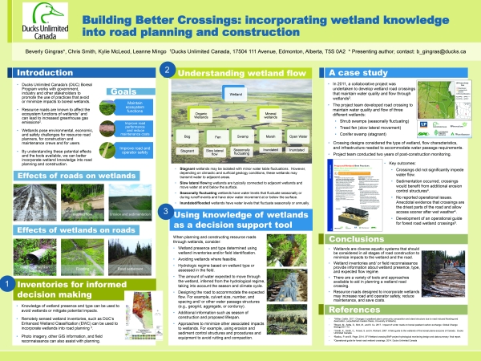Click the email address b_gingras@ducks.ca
pyautogui.click(x=439, y=59)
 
